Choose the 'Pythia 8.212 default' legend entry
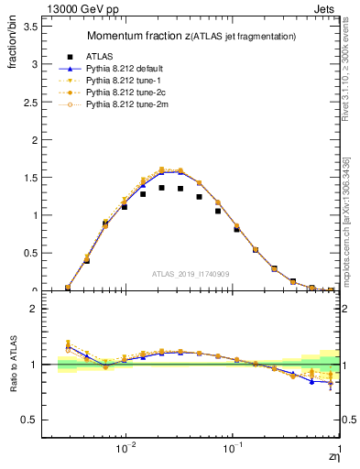[127, 69]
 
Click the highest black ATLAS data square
[161, 188]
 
